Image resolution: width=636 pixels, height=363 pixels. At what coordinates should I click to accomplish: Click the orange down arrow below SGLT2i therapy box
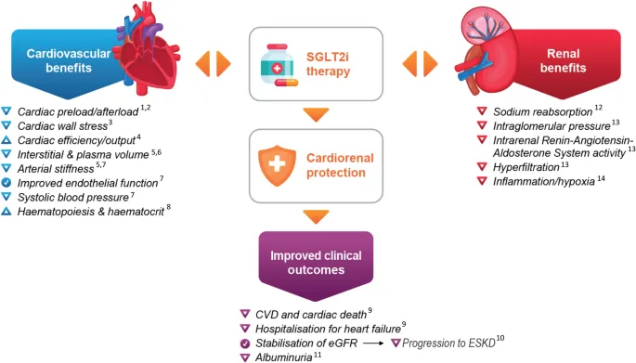(x=317, y=115)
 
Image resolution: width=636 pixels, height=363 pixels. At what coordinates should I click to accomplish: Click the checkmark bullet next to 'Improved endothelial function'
(x=7, y=184)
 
